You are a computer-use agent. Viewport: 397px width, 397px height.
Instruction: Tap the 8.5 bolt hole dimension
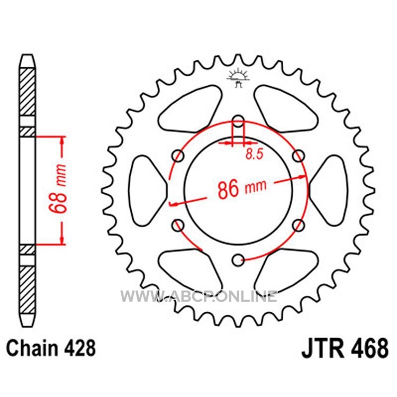[x=255, y=154]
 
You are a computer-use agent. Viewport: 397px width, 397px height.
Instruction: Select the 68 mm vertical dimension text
[x=58, y=188]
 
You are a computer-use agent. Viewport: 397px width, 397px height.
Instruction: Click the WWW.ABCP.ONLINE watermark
[x=198, y=296]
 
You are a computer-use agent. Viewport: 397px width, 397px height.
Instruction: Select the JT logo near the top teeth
[x=238, y=78]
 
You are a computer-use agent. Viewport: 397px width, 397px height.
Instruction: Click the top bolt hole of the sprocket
[x=238, y=121]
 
